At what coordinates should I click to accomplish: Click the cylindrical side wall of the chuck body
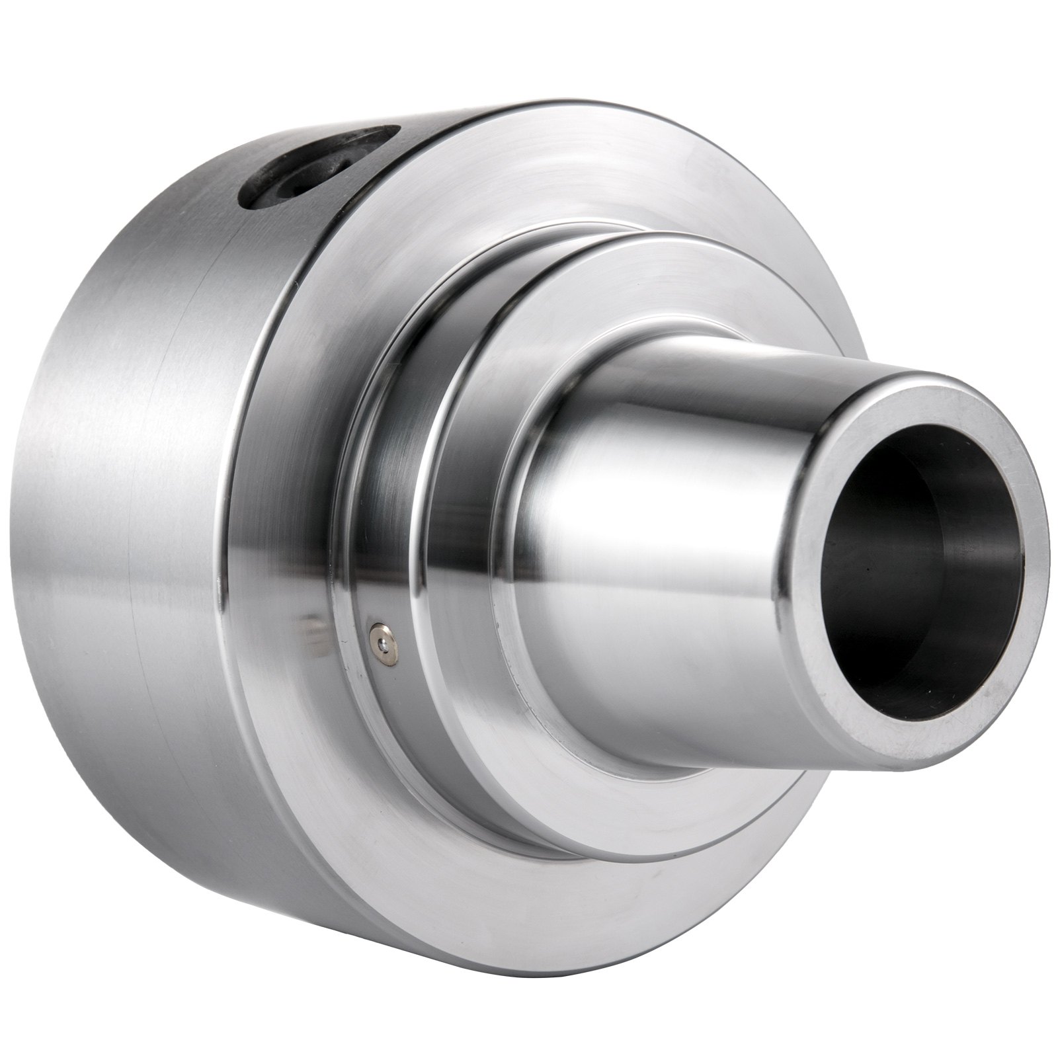tap(165, 529)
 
